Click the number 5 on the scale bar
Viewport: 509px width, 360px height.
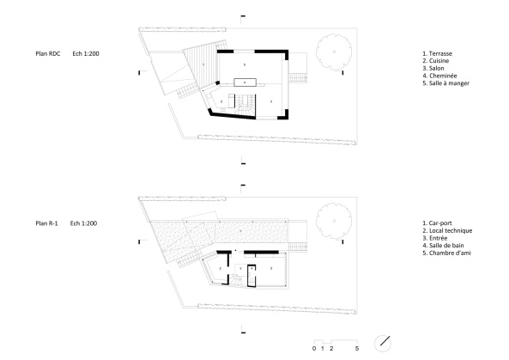point(356,350)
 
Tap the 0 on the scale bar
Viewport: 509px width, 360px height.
point(313,350)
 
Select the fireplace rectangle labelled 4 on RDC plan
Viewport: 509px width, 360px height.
point(245,82)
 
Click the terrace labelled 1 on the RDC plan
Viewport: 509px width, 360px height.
point(202,64)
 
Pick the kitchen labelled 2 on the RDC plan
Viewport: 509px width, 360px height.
point(222,102)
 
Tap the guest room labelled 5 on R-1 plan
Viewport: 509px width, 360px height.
point(270,268)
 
